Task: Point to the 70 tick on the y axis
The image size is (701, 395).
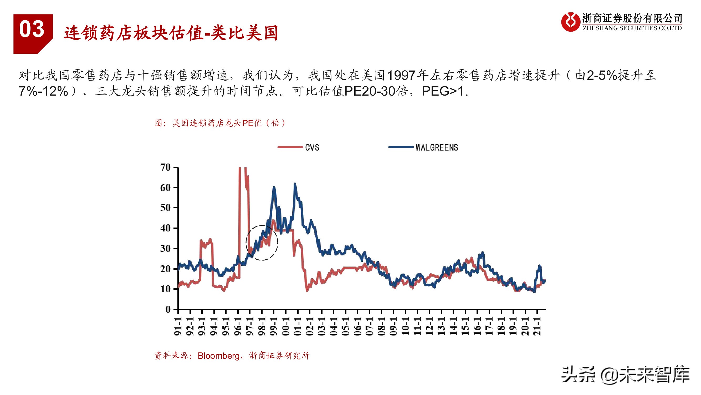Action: pos(165,167)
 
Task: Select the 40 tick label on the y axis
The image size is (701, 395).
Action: pos(165,228)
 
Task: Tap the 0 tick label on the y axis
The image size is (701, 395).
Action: pos(168,309)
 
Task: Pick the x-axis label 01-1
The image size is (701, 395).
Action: pos(298,326)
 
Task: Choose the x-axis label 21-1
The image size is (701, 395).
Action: pos(537,326)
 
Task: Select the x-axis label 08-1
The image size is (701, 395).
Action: pos(382,326)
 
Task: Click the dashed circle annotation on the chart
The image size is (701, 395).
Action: pos(262,243)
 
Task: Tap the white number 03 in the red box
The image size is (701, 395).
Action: pos(32,29)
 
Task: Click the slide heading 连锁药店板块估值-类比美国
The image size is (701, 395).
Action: pos(171,33)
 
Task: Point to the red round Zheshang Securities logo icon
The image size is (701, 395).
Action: pos(570,22)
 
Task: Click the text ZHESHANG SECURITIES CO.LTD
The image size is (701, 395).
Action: pos(632,28)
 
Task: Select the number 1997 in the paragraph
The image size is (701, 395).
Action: pos(401,76)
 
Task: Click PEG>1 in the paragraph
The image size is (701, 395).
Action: pos(443,91)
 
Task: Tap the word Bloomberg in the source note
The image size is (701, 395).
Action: pos(218,355)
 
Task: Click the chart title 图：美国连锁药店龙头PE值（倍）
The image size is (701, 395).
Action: pos(220,123)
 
